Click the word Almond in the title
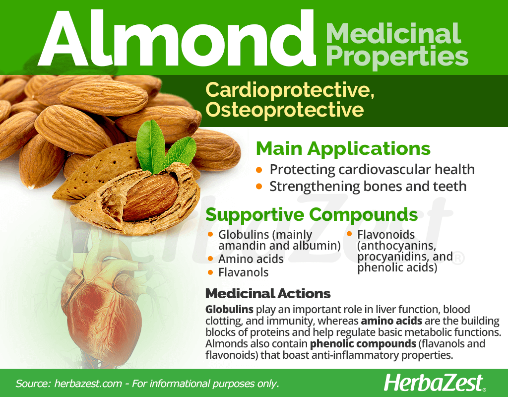coord(177,38)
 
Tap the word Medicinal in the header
coord(393,33)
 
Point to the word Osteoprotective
coord(284,109)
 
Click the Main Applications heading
coord(343,148)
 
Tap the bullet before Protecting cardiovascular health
coord(259,170)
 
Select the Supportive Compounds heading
coord(312,214)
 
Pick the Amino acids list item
coord(251,259)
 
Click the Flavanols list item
coord(243,272)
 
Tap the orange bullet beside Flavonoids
coord(349,234)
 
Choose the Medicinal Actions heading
coord(268,294)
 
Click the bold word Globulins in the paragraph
coord(229,310)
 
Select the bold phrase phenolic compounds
coord(363,344)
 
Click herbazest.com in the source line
coord(88,384)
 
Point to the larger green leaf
coord(151,146)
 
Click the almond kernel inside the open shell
coord(151,197)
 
